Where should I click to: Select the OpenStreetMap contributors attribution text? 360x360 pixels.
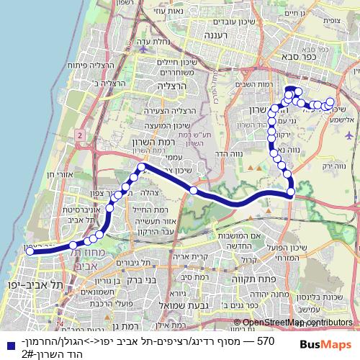pos(292,323)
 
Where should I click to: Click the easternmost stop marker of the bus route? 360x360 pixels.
pos(330,102)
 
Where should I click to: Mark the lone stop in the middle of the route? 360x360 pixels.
pos(194,190)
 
